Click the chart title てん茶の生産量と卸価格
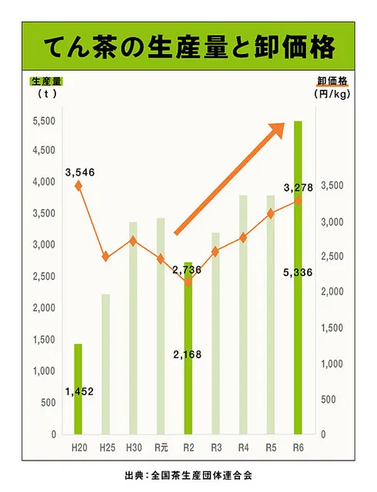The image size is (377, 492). (x=188, y=47)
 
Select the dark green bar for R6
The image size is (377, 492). (x=298, y=278)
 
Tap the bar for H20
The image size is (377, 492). (x=78, y=389)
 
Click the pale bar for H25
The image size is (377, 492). (x=105, y=364)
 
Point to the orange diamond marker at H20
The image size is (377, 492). (x=78, y=186)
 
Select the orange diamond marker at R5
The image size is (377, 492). (x=271, y=214)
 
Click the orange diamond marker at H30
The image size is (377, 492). (x=133, y=241)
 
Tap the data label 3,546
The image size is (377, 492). (x=80, y=172)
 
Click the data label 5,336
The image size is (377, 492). (x=298, y=272)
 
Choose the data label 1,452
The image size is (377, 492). (x=79, y=391)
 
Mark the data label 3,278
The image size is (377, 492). (x=299, y=188)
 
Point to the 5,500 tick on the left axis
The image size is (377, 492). (x=44, y=121)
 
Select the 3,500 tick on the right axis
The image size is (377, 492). (x=332, y=185)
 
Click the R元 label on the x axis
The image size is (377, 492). (x=161, y=447)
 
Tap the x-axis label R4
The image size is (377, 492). (x=243, y=447)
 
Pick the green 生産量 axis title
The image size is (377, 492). (x=46, y=81)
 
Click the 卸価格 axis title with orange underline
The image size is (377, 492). (x=332, y=81)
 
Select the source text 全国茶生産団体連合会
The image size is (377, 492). (x=202, y=475)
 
